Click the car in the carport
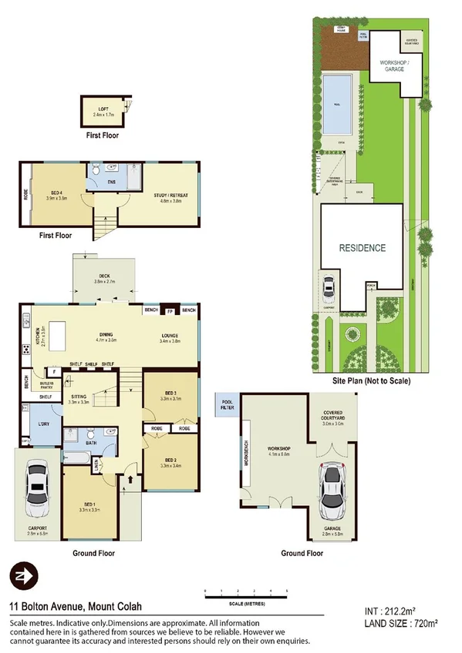(35, 490)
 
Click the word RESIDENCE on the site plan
(362, 248)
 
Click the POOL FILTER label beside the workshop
(227, 404)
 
